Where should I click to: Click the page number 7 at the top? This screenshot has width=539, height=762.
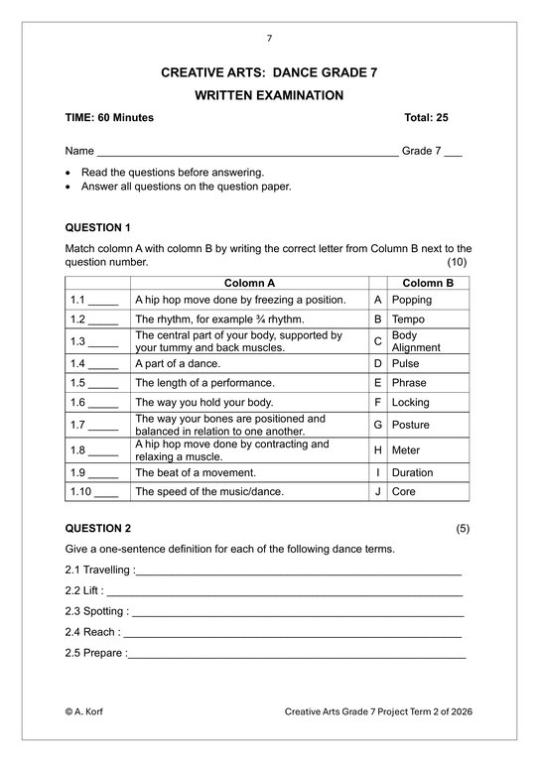tap(269, 39)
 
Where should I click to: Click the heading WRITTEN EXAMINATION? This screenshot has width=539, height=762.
tap(269, 95)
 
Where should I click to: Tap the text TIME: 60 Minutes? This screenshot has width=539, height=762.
tap(109, 118)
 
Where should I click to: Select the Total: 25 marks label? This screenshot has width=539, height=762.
tap(426, 118)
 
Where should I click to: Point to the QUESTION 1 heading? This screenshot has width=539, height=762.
tap(97, 227)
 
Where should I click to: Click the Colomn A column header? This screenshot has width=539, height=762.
tap(249, 283)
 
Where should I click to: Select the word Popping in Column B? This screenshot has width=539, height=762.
tap(411, 300)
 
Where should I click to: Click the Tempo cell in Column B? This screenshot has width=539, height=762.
tap(408, 319)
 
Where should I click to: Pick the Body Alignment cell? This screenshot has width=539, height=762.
tap(415, 341)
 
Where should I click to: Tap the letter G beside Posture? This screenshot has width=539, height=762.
tap(377, 425)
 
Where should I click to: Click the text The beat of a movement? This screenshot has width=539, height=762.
tap(196, 472)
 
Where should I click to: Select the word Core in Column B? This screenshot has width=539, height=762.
tap(403, 491)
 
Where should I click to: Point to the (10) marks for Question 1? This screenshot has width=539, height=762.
tap(457, 262)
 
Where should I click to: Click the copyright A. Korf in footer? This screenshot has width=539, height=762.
tap(85, 711)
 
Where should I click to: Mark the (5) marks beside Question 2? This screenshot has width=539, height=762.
tap(463, 528)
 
